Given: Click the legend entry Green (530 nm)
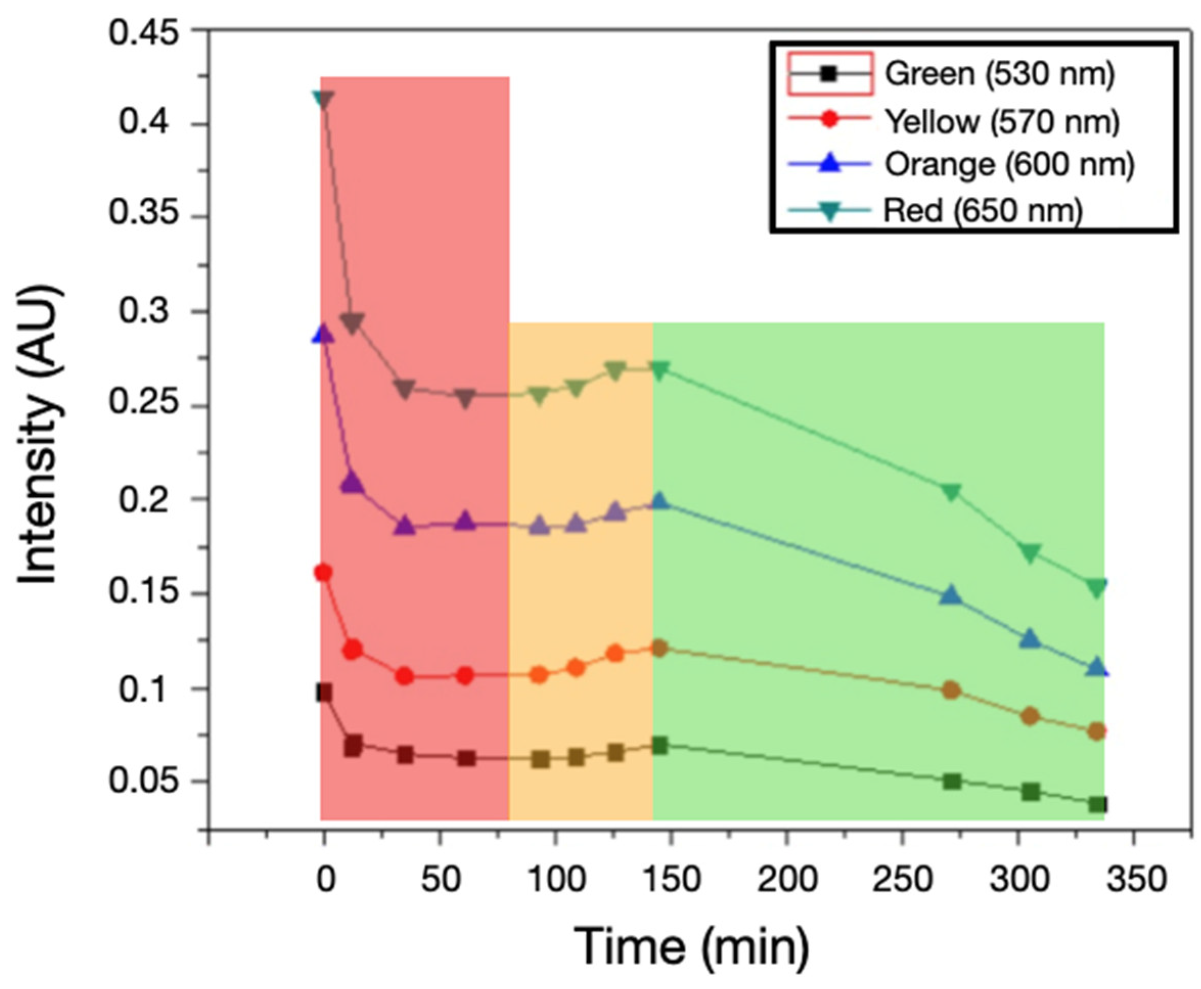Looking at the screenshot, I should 999,75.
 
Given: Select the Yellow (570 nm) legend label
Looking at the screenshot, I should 1002,121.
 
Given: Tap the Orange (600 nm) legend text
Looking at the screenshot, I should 1009,165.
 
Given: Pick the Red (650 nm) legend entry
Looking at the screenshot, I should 982,211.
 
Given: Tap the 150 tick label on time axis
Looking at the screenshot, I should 672,880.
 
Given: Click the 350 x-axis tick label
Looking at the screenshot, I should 1136,880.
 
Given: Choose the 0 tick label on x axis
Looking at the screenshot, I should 326,880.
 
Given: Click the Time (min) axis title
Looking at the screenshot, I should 690,946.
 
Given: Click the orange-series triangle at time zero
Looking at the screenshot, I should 323,334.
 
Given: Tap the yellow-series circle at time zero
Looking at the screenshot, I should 323,572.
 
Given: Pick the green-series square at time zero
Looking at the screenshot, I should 324,693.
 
